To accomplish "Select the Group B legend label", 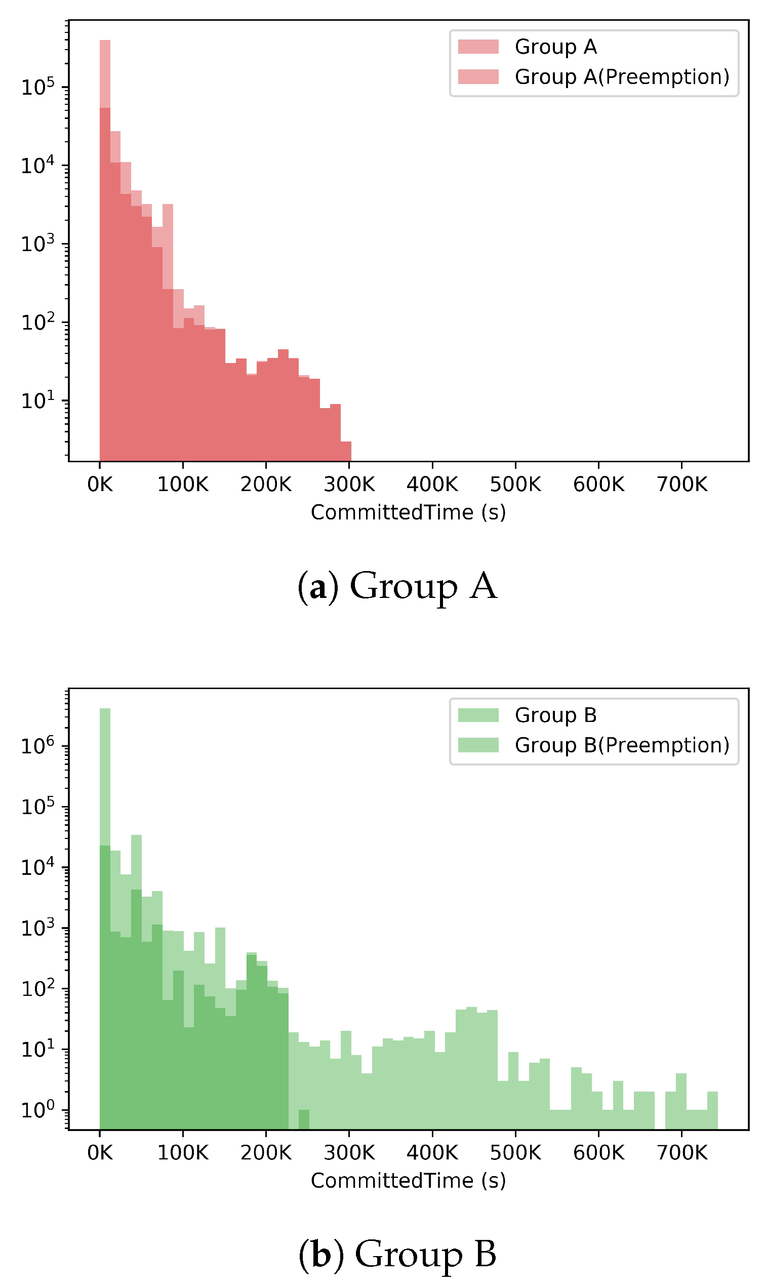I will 555,715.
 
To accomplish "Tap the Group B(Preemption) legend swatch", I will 478,745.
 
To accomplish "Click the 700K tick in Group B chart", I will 681,1153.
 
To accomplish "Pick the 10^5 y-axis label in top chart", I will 37,87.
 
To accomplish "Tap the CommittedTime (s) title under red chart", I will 408,512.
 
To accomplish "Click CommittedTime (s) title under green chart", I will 408,1181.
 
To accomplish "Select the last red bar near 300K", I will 346,451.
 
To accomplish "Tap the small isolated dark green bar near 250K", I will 304,1119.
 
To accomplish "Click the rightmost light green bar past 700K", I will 712,1110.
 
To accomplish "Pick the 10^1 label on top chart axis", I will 37,400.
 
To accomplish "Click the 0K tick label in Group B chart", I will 99,1153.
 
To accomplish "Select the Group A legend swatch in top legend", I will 478,47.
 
